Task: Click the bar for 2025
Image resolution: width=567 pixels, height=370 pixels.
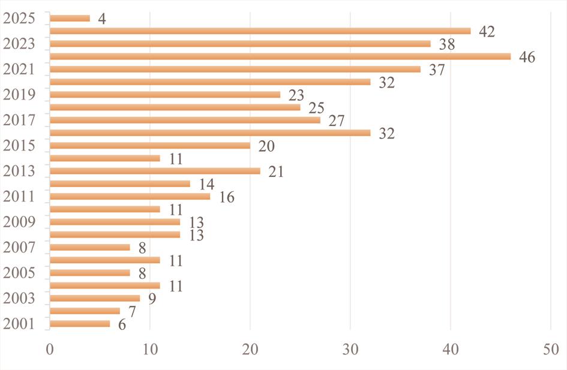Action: [x=70, y=19]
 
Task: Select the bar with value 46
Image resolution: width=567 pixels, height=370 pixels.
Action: [x=280, y=56]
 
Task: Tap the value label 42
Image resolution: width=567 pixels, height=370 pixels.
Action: [x=487, y=32]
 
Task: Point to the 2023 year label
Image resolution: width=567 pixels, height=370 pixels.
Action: [x=19, y=44]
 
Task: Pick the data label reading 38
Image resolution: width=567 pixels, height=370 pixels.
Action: [x=446, y=44]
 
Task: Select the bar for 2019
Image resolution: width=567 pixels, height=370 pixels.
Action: [x=165, y=95]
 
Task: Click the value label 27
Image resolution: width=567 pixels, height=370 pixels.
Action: [x=336, y=121]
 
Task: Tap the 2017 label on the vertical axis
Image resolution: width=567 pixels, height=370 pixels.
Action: [x=19, y=120]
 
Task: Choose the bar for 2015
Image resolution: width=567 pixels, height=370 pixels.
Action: [x=150, y=145]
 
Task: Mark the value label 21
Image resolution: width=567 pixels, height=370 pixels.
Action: [x=276, y=172]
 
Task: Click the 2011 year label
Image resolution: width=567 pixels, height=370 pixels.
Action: [x=19, y=196]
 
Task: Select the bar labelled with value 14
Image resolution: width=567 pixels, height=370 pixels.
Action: [x=120, y=184]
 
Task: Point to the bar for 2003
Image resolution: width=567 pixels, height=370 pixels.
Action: [x=95, y=298]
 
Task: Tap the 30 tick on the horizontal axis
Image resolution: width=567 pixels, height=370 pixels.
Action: [x=351, y=348]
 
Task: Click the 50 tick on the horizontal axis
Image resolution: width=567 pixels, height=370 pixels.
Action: [x=551, y=348]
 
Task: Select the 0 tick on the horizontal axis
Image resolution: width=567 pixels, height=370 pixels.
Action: [x=50, y=348]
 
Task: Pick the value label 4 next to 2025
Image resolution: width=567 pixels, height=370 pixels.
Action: [x=102, y=19]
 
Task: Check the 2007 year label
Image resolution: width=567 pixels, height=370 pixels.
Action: [x=19, y=246]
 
